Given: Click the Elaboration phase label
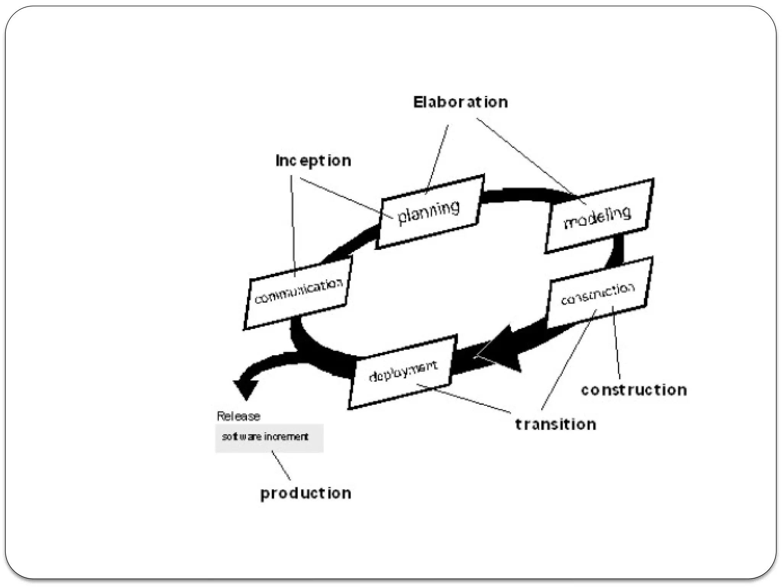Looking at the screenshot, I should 460,102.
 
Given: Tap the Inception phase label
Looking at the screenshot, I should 313,161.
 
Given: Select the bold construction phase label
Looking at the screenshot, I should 633,390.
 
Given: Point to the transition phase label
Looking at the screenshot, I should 555,425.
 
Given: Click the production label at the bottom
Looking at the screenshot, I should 305,493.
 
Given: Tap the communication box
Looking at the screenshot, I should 298,292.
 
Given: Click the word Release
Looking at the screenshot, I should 238,416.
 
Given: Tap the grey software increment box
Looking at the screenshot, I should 269,438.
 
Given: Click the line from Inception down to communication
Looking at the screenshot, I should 293,225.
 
